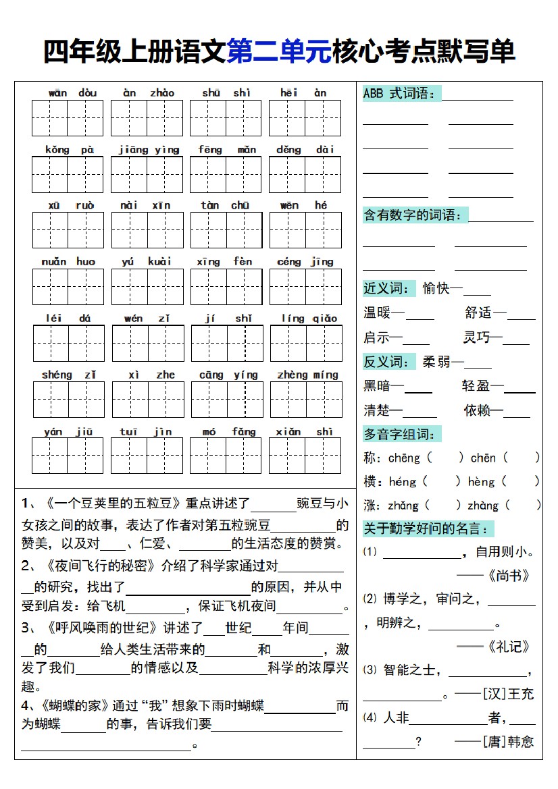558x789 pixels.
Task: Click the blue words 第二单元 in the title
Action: point(279,52)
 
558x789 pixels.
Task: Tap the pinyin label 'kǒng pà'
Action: point(70,150)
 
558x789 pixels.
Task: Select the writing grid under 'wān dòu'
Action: point(68,118)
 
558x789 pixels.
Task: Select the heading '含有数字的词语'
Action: point(413,215)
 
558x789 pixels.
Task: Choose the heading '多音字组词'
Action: point(400,434)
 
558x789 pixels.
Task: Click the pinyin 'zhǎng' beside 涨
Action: point(403,506)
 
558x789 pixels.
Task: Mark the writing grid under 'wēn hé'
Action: point(305,230)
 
